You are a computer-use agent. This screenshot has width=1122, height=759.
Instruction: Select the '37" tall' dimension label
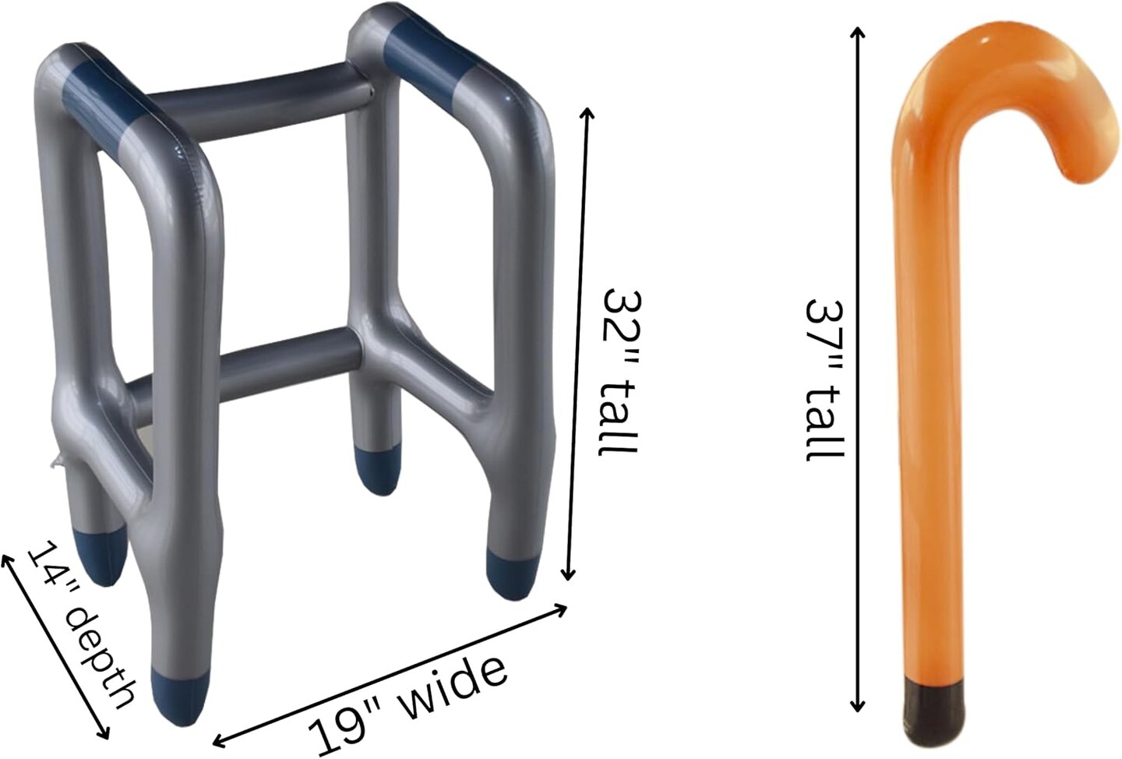pos(825,381)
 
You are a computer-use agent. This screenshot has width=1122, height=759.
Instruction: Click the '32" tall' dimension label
pos(620,372)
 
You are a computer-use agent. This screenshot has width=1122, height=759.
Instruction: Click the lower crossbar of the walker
pos(241,373)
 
